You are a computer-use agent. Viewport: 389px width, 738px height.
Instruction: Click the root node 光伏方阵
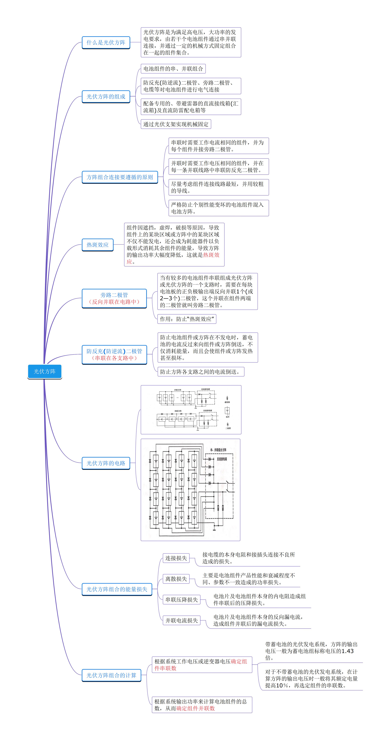coord(45,371)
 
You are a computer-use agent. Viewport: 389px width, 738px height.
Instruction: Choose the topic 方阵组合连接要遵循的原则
coord(120,177)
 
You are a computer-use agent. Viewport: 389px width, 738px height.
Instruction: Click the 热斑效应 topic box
coord(97,245)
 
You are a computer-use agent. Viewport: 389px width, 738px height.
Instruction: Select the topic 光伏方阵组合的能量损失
coord(117,589)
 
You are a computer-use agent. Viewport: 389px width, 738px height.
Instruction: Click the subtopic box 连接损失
coord(176,558)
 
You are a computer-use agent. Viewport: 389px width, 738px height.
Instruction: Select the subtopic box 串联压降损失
coord(182,600)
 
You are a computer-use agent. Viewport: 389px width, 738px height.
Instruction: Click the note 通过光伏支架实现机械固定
coord(176,124)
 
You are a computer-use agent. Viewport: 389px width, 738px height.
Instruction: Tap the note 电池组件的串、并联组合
coord(173,69)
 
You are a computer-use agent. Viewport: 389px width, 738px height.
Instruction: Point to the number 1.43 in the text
coord(347,651)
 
